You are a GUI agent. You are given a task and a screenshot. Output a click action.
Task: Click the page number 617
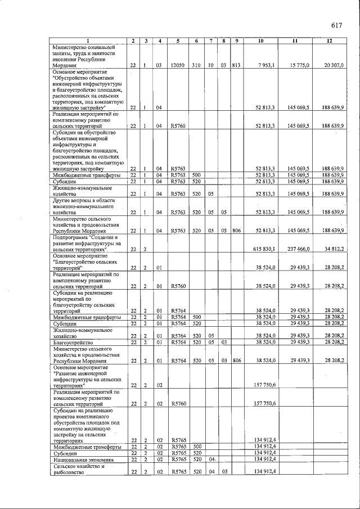pyautogui.click(x=337, y=25)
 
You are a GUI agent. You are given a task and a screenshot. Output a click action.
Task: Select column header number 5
pyautogui.click(x=178, y=41)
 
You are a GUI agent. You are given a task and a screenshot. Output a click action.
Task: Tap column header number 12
pyautogui.click(x=330, y=41)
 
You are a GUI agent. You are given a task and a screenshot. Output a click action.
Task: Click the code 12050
pyautogui.click(x=178, y=66)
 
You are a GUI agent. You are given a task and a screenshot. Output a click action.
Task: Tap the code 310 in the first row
pyautogui.click(x=196, y=66)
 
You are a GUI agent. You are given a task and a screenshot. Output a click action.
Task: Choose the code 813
pyautogui.click(x=236, y=66)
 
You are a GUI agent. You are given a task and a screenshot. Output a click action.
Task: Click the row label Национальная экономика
pyautogui.click(x=79, y=460)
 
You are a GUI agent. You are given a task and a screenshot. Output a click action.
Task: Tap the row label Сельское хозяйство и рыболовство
pyautogui.click(x=79, y=470)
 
